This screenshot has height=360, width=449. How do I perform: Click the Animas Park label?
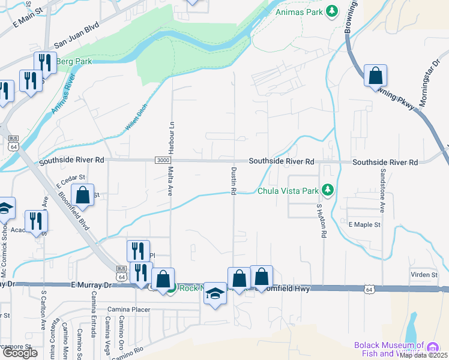298,11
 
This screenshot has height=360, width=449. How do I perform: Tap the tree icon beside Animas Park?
331,11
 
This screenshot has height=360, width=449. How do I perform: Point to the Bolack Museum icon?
432,347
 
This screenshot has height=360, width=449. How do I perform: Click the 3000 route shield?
162,160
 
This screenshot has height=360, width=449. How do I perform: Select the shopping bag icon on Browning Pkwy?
375,76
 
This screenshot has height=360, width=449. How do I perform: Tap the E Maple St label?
365,224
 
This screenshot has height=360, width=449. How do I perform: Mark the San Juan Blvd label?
76,37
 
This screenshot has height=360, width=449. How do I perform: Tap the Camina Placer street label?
127,310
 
